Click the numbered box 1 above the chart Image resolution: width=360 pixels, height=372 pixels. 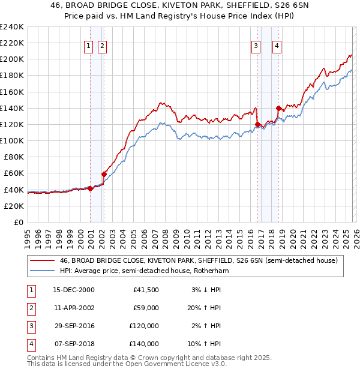[x=89, y=45]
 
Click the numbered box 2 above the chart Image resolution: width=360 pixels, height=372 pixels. [x=103, y=45]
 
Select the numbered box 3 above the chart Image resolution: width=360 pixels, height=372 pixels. [x=256, y=45]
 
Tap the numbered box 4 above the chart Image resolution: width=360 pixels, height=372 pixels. [x=277, y=45]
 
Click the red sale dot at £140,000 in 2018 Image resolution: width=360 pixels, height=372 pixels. [x=278, y=108]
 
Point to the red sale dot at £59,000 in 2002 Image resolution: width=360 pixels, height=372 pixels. [x=104, y=174]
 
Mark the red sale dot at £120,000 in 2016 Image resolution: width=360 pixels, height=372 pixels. [x=258, y=124]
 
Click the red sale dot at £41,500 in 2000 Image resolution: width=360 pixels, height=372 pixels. [x=90, y=188]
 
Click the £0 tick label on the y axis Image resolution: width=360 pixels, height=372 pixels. [x=18, y=222]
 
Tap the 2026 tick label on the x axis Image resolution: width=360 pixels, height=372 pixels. [x=355, y=237]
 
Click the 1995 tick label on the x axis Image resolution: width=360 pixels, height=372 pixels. [x=28, y=237]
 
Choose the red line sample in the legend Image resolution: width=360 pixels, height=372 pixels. [x=42, y=261]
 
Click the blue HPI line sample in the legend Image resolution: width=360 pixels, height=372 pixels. [x=42, y=271]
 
